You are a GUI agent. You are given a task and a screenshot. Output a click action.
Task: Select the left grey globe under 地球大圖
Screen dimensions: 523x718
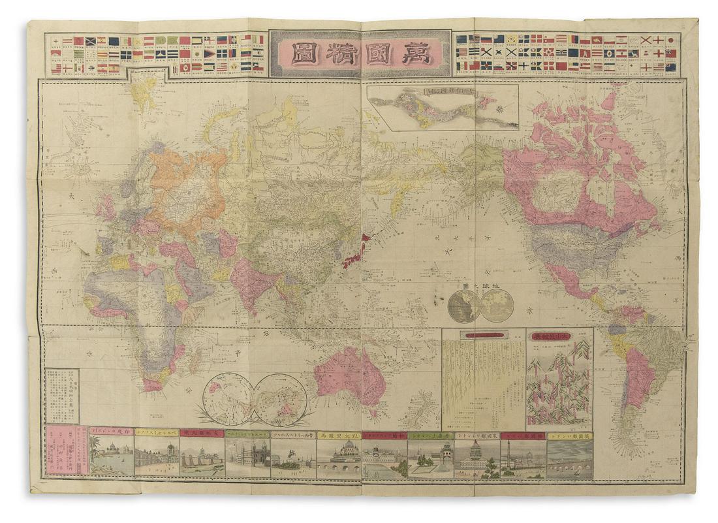click(465, 306)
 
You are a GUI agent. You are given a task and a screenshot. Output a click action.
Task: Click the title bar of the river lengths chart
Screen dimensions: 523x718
click(483, 336)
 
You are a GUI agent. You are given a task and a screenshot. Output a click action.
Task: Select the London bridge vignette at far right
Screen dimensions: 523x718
click(569, 461)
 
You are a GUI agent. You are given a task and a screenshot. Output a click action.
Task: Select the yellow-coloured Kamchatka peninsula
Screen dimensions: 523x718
click(394, 189)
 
